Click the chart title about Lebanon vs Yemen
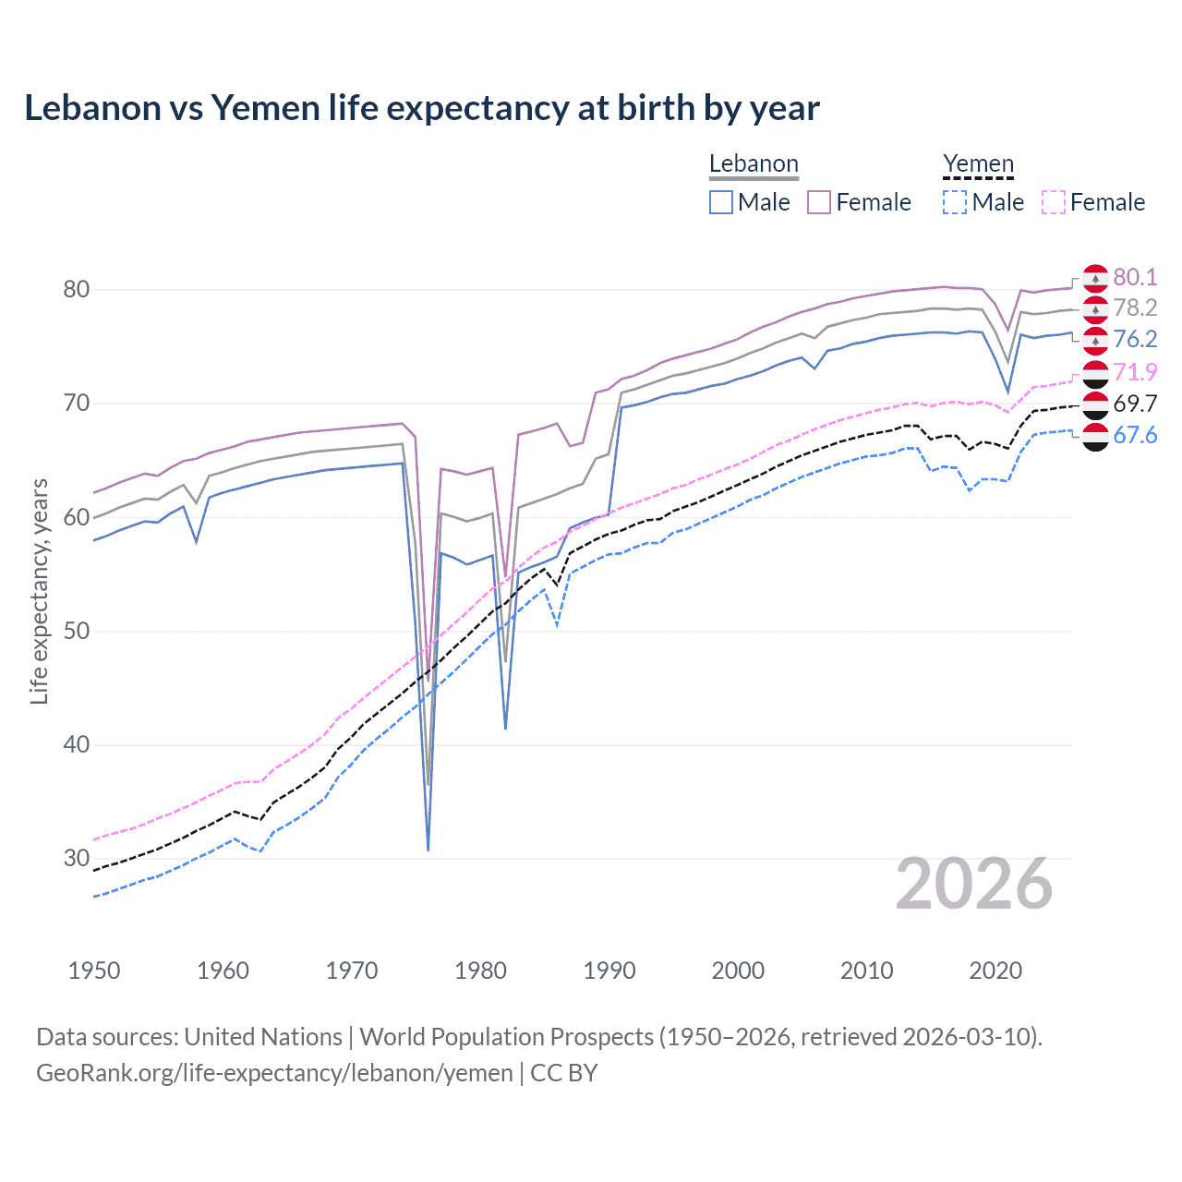click(421, 108)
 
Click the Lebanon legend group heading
click(754, 164)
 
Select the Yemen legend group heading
click(978, 164)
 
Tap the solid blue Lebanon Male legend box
click(721, 202)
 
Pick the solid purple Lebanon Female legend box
click(819, 202)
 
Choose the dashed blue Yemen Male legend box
click(955, 202)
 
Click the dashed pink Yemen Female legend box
click(1054, 202)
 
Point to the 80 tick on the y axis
click(77, 290)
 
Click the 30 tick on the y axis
click(77, 859)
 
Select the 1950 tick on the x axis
click(94, 971)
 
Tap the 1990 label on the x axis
click(609, 971)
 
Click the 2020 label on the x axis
click(995, 971)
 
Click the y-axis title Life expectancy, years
click(39, 591)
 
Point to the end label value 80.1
click(1135, 277)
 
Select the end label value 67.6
click(1135, 435)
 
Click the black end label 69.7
click(1135, 404)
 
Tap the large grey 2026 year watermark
click(974, 885)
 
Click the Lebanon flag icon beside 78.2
click(1095, 308)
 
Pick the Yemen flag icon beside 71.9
click(1095, 373)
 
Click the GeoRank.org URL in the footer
click(274, 1073)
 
